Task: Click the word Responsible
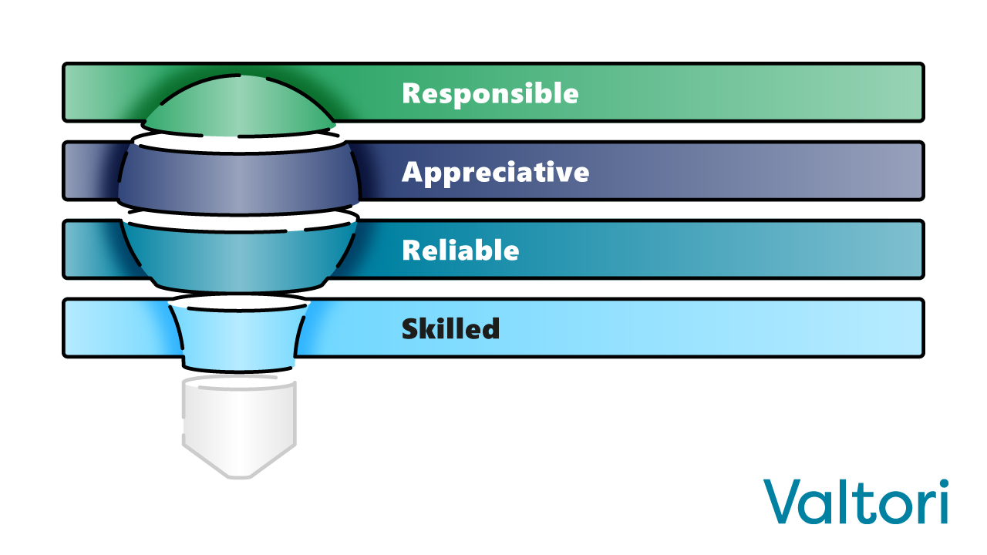(x=490, y=93)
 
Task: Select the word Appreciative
(x=495, y=172)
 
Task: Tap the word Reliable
(x=460, y=251)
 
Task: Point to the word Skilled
(x=450, y=329)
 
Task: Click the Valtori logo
(x=856, y=501)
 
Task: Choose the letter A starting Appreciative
(x=413, y=171)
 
